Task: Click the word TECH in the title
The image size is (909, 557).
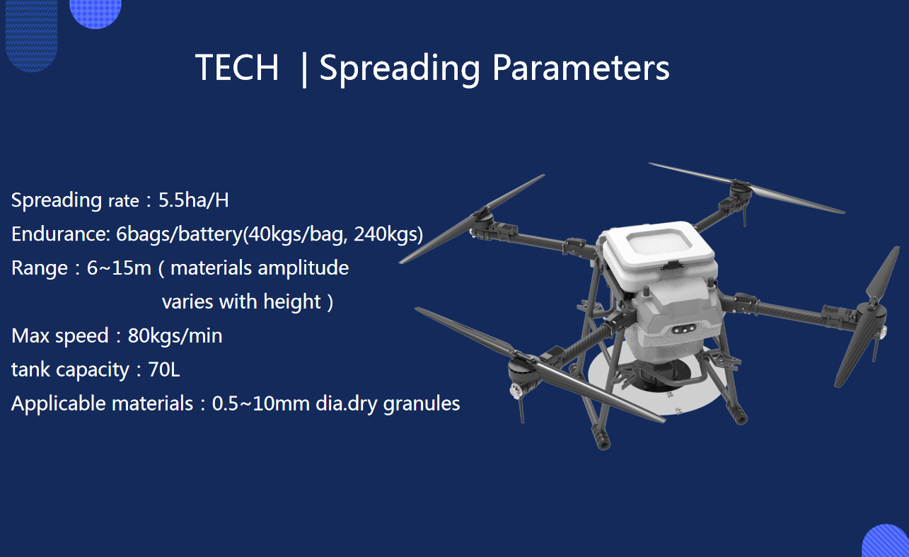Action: pos(237,67)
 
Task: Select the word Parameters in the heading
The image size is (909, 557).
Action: pos(581,67)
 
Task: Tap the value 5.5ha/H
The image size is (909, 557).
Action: pos(194,200)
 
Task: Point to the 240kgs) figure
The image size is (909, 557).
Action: pos(388,234)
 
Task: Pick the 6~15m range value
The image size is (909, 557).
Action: pos(119,268)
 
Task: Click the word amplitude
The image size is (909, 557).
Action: pos(303,269)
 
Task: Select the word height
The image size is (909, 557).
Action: pos(292,302)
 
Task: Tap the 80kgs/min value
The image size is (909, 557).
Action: pos(175,336)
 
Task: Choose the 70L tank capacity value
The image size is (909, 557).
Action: pos(164,369)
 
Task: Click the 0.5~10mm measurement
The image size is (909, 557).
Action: pos(261,403)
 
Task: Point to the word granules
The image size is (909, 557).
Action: pos(421,404)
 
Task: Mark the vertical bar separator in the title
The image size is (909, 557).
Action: pos(304,70)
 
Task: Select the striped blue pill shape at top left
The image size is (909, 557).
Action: pos(32,35)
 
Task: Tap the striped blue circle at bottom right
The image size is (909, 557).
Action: pos(886,541)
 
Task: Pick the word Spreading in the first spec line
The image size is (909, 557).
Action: pos(57,200)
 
